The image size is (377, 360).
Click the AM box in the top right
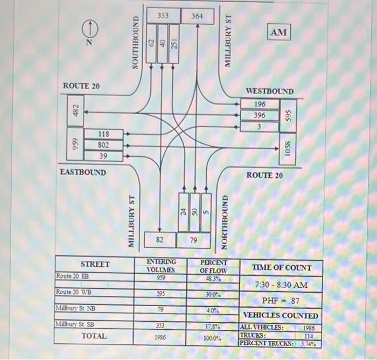[x=279, y=33]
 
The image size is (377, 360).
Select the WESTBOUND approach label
[x=270, y=92]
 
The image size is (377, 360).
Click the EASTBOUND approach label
[x=83, y=172]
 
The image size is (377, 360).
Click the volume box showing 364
[x=197, y=17]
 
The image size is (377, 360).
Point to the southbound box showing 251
[x=174, y=44]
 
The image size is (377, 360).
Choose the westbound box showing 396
[x=260, y=115]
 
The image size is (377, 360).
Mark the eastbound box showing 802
[x=103, y=144]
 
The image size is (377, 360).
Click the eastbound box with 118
[x=103, y=134]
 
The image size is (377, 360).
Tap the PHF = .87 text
[x=281, y=300]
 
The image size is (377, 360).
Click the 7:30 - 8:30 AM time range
[x=281, y=284]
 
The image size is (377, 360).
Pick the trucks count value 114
[x=309, y=335]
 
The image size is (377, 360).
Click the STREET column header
[x=95, y=264]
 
